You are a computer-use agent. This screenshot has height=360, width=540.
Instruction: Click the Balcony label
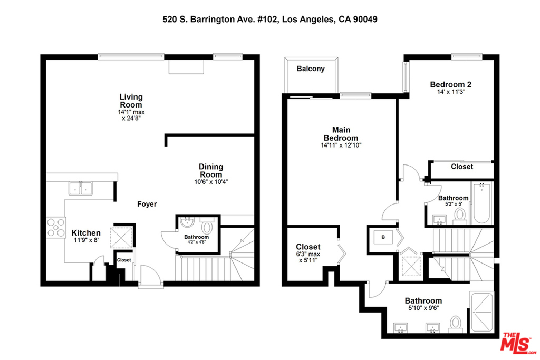(311, 69)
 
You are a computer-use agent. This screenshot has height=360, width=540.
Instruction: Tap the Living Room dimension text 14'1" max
(131, 112)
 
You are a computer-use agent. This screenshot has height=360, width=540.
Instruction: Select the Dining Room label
(211, 171)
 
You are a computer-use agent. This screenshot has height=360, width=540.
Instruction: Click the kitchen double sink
(81, 189)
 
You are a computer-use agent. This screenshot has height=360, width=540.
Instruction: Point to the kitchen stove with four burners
(56, 228)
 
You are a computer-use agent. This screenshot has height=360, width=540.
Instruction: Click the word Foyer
(147, 204)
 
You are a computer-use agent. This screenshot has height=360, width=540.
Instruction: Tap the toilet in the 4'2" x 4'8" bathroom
(207, 227)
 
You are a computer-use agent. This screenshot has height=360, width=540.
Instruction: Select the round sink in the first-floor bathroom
(187, 222)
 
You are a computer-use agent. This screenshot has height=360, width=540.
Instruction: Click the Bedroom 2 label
(451, 84)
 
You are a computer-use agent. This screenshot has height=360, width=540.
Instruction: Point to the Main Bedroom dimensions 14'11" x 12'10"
(341, 145)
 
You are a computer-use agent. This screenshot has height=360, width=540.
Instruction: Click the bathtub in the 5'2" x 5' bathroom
(481, 203)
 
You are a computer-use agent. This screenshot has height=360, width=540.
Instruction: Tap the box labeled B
(383, 237)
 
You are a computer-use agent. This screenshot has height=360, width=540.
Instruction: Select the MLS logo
(518, 343)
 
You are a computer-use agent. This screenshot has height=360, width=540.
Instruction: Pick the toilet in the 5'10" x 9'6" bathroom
(456, 324)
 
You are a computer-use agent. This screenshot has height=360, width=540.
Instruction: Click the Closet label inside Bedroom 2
(462, 167)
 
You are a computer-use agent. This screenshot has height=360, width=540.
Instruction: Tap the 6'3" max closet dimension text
(308, 255)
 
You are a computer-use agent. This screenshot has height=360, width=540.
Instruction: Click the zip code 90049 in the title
(365, 20)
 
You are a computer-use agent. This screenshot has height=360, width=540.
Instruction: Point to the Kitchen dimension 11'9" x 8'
(86, 240)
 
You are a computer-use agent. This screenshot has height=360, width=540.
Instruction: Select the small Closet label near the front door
(124, 260)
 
